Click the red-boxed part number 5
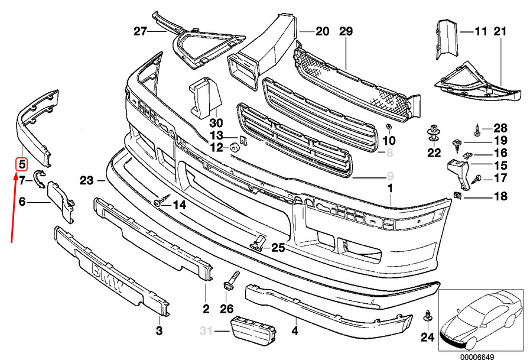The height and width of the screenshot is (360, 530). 21,164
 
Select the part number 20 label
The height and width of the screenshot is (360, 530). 321,31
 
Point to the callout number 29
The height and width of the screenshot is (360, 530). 346,31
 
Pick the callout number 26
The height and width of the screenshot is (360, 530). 227,309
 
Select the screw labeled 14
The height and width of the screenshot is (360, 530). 159,204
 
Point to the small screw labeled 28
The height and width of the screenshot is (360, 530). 476,128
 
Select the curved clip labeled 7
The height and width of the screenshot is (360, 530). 39,177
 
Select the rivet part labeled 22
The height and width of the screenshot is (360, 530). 434,132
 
